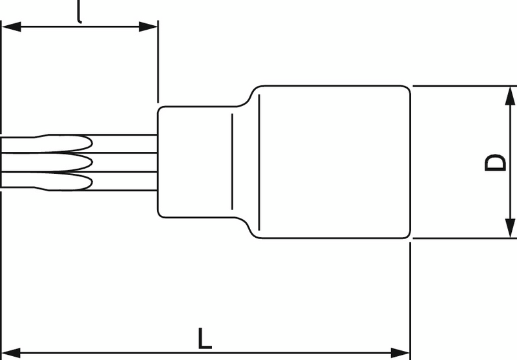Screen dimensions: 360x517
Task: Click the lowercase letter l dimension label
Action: [x=79, y=12]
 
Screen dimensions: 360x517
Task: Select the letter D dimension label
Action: [x=495, y=162]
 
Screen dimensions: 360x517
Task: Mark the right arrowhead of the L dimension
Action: [x=401, y=353]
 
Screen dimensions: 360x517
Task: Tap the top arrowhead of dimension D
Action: [x=510, y=96]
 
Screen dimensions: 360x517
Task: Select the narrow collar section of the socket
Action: [x=194, y=162]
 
